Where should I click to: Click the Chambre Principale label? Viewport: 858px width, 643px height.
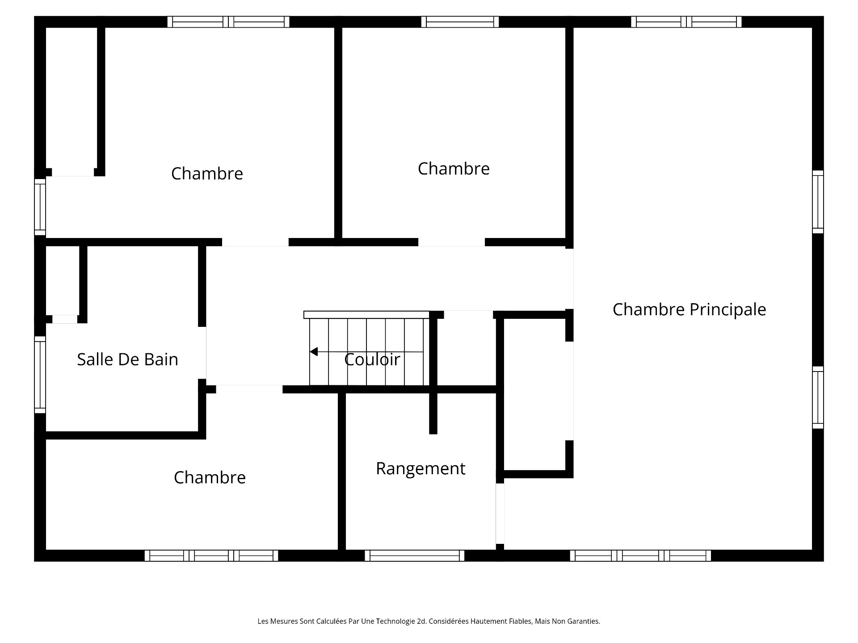pyautogui.click(x=689, y=309)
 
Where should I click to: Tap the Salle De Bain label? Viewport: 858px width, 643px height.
pyautogui.click(x=127, y=359)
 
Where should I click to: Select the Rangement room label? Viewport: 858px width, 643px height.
pyautogui.click(x=421, y=468)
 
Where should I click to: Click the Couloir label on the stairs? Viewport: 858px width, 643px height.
pyautogui.click(x=372, y=359)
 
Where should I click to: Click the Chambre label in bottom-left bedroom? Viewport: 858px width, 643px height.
pyautogui.click(x=210, y=477)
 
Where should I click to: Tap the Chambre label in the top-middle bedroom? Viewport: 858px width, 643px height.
pyautogui.click(x=454, y=169)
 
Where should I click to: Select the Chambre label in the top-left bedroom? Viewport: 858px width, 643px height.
pyautogui.click(x=207, y=174)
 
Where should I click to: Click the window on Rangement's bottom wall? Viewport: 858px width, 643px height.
pyautogui.click(x=415, y=555)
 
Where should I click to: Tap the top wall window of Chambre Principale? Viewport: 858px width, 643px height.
pyautogui.click(x=686, y=22)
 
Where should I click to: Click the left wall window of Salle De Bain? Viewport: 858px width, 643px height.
pyautogui.click(x=40, y=375)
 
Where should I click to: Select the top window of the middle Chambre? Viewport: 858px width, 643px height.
pyautogui.click(x=460, y=22)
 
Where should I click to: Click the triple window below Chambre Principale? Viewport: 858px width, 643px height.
pyautogui.click(x=640, y=555)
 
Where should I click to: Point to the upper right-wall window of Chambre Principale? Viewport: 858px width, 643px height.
pyautogui.click(x=817, y=202)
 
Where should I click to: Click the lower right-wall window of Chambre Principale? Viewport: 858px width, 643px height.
pyautogui.click(x=817, y=397)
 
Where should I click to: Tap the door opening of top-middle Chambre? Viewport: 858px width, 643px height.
pyautogui.click(x=451, y=242)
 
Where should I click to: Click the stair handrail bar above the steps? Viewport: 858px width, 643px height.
pyautogui.click(x=366, y=315)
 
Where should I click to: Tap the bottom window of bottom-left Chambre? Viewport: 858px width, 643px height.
pyautogui.click(x=211, y=555)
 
